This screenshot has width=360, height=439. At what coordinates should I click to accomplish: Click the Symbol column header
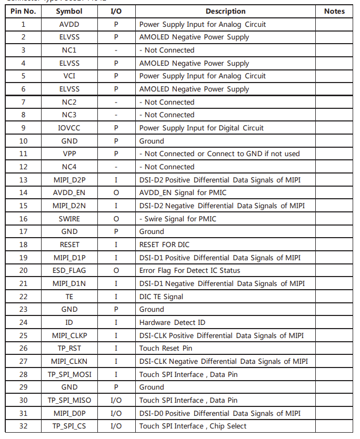coord(69,11)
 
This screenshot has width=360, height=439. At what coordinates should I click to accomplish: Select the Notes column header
coord(334,11)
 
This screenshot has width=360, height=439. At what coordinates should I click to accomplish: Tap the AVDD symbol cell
coord(69,24)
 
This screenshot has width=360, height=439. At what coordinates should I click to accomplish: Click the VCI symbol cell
coord(69,76)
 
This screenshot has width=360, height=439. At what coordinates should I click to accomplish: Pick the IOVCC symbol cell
coord(69,128)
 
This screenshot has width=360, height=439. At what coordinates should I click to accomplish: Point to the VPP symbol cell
coord(69,154)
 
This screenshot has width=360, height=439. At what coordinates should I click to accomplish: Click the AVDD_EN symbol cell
coord(69,192)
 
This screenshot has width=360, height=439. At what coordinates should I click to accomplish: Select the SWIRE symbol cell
coord(69,218)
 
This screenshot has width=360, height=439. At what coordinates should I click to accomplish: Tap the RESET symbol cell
coord(69,244)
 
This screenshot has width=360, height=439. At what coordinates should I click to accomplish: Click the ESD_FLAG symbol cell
coord(69,270)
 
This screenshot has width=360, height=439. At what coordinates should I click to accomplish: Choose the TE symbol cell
coord(69,297)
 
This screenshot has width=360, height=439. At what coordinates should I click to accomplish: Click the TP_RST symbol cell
coord(69,348)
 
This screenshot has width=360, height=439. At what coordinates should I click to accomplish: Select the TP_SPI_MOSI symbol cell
coord(69,374)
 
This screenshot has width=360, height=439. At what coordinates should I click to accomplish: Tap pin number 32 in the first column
coord(23,426)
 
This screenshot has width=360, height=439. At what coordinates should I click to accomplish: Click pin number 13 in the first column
coord(23,180)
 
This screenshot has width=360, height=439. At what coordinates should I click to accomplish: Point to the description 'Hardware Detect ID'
coord(172,322)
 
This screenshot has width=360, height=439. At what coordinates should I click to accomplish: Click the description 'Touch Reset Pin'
coord(166,348)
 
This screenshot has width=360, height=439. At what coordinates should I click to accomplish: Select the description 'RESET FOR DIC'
coord(164,244)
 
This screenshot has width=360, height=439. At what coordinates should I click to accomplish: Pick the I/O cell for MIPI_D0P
coord(116,413)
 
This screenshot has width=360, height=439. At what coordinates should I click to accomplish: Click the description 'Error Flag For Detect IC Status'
coord(189,270)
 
